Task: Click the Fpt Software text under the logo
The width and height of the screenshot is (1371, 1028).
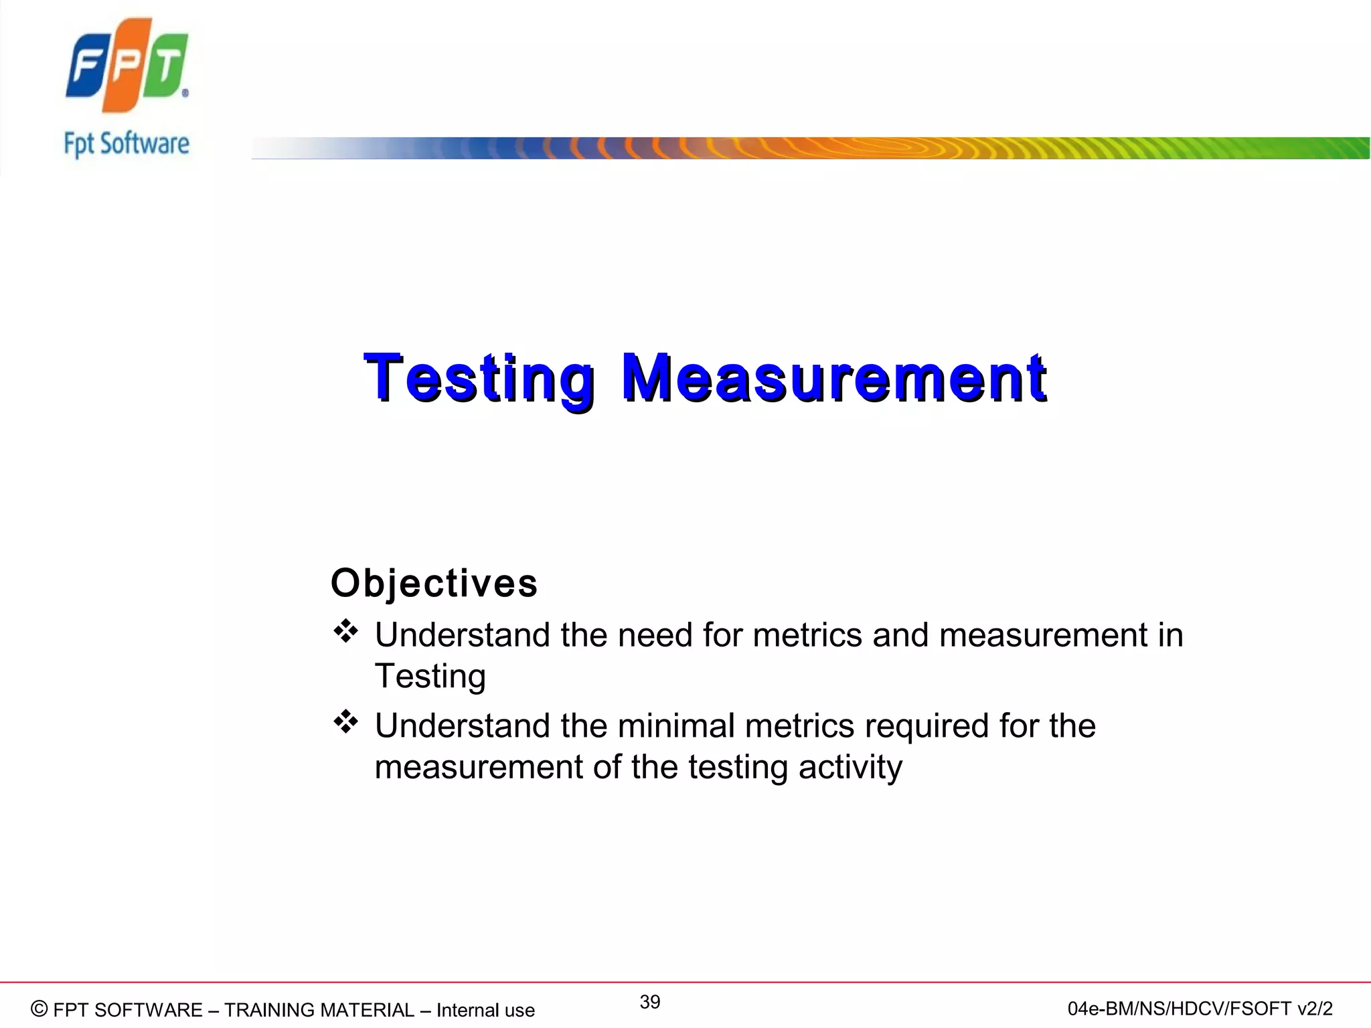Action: point(127,145)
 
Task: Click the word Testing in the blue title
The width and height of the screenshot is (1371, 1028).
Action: point(479,379)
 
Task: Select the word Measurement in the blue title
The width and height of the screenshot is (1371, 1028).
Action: point(833,379)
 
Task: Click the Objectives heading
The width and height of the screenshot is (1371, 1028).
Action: point(434,583)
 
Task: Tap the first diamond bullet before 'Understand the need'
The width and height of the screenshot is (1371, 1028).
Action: point(346,631)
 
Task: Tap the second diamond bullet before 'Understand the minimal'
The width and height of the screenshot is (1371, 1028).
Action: point(346,722)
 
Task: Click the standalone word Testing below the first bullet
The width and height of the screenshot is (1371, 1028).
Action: point(430,677)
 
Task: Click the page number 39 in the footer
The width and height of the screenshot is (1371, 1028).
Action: point(649,1002)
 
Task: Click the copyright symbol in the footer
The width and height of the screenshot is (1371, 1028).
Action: point(39,1009)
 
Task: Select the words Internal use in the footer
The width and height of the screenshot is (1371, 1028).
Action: point(485,1010)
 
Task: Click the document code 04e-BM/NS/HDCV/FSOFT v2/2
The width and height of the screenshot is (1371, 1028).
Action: point(1200,1009)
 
